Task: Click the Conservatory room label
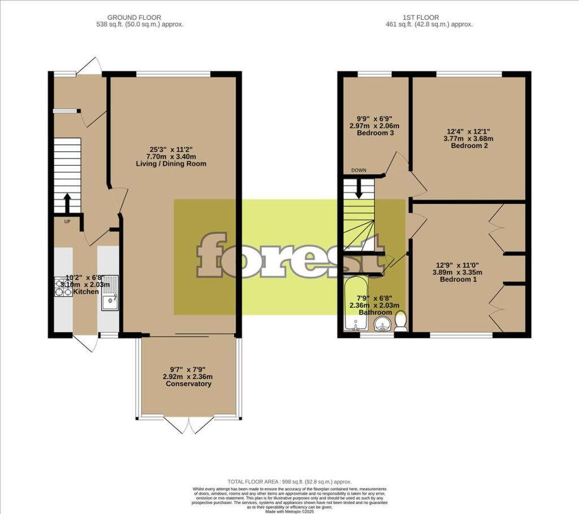pos(188,384)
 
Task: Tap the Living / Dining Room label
pos(171,164)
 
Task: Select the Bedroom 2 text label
pos(469,145)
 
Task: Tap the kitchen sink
pos(110,293)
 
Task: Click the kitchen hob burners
pos(63,288)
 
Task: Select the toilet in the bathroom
pos(401,321)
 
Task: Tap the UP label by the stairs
pos(67,221)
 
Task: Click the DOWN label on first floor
pos(358,170)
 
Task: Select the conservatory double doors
pos(189,425)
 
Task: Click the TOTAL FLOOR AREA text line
pos(289,480)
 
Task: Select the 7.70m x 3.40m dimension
pos(171,157)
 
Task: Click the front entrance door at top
pos(89,66)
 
